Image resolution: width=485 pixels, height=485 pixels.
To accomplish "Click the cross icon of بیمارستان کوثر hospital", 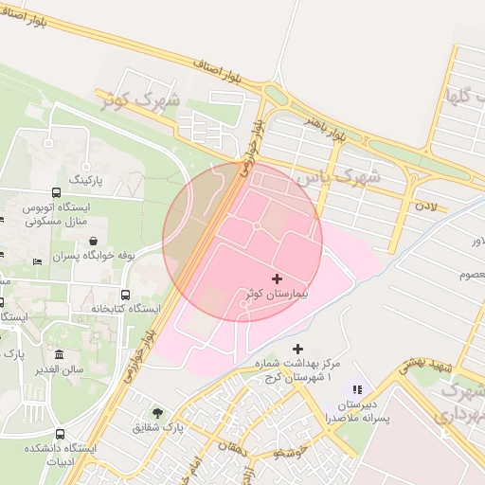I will pos(277,278).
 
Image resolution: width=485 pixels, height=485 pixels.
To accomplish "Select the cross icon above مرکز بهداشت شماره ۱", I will pos(298,350).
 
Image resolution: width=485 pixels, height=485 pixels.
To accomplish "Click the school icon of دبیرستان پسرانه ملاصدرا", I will pos(357,388).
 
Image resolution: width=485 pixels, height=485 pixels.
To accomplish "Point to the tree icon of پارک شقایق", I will pos(156,413).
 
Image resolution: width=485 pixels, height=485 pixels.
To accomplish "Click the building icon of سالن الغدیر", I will pos(59,355).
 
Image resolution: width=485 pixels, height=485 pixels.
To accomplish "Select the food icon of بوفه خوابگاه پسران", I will pos(93,242).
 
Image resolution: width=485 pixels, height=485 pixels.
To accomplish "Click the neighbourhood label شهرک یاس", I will pos(337,176).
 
